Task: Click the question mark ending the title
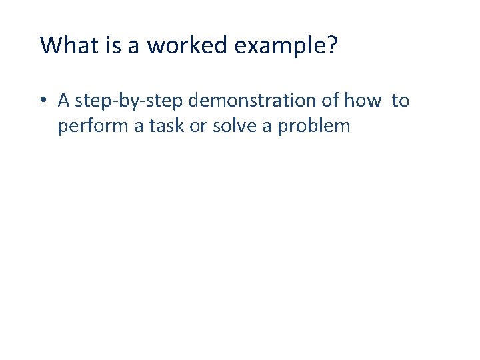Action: coord(331,45)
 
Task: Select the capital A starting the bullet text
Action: coord(64,100)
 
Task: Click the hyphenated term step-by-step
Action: coord(131,101)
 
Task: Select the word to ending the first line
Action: coord(401,100)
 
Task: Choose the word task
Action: coord(166,125)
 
